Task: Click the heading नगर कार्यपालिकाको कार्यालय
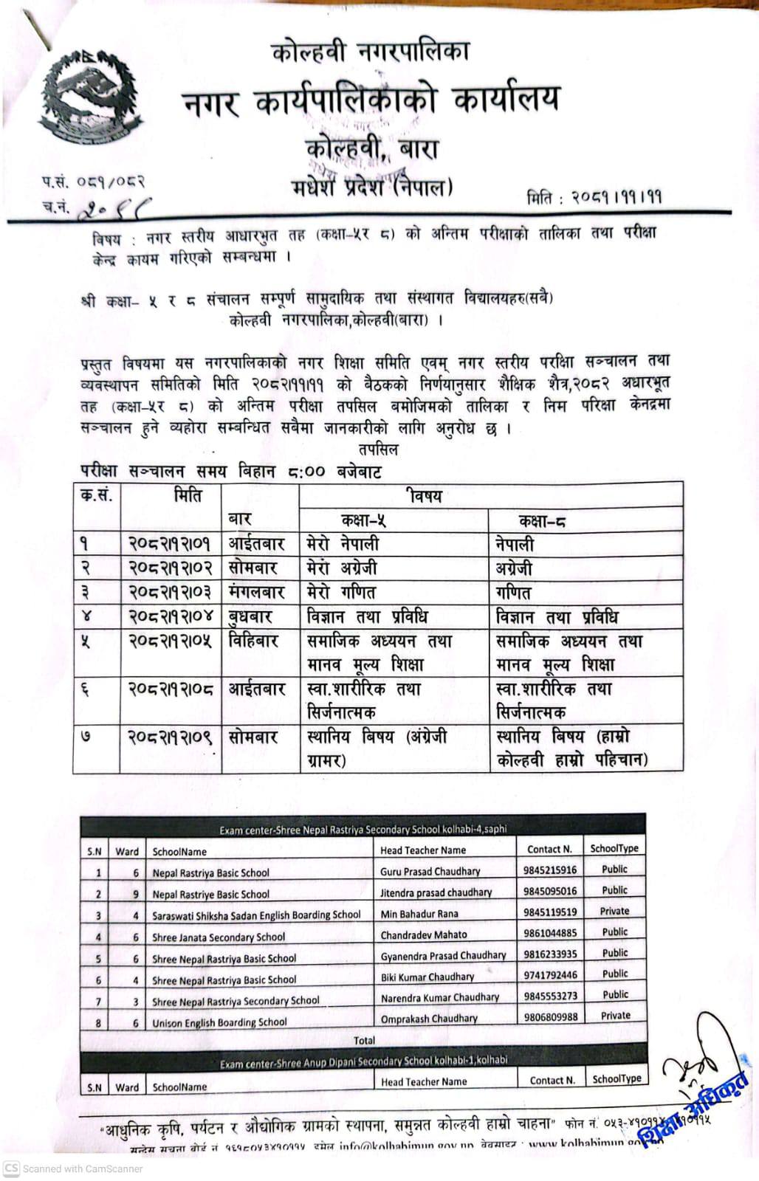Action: pyautogui.click(x=371, y=101)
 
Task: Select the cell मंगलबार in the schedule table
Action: pyautogui.click(x=258, y=592)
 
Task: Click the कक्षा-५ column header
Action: pyautogui.click(x=363, y=520)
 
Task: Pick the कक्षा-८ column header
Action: pyautogui.click(x=543, y=521)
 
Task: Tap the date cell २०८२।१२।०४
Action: pyautogui.click(x=170, y=617)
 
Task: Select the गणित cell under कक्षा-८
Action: pyautogui.click(x=514, y=593)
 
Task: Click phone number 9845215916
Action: pyautogui.click(x=550, y=870)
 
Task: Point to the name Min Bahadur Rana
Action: pyautogui.click(x=419, y=914)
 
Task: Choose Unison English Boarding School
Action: pyautogui.click(x=219, y=1022)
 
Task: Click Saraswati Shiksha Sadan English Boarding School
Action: pyautogui.click(x=256, y=915)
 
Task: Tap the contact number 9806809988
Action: pyautogui.click(x=550, y=1016)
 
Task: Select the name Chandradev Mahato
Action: pyautogui.click(x=424, y=934)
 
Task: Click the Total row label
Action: pyautogui.click(x=364, y=1040)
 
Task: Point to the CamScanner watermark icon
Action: pyautogui.click(x=11, y=1168)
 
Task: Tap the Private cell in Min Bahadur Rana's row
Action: pyautogui.click(x=615, y=911)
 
